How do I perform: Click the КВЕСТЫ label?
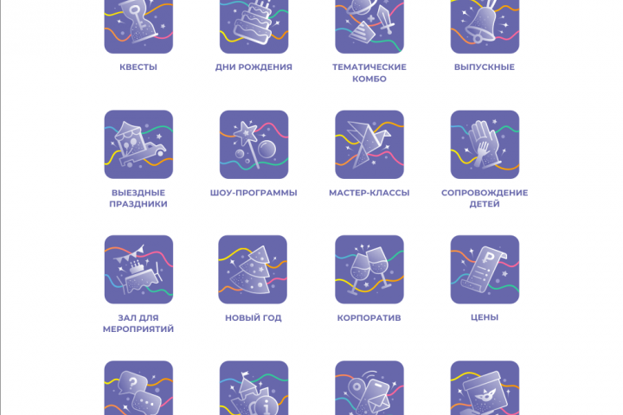tap(138, 67)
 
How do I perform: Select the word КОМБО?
tap(369, 79)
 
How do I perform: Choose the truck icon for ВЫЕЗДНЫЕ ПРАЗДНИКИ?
tap(138, 144)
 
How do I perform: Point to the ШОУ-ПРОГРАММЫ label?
tap(254, 193)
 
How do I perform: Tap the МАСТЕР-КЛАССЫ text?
tap(369, 193)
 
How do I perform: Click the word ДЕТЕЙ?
tap(485, 204)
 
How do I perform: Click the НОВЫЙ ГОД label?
tap(254, 317)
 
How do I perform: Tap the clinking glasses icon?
tap(369, 270)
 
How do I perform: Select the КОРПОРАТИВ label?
tap(369, 317)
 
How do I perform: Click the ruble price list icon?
tap(485, 270)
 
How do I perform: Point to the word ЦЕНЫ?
tap(485, 317)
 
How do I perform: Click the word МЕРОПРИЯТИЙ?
tap(138, 329)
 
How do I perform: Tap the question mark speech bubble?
tap(133, 383)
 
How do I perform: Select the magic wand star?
tap(246, 132)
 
